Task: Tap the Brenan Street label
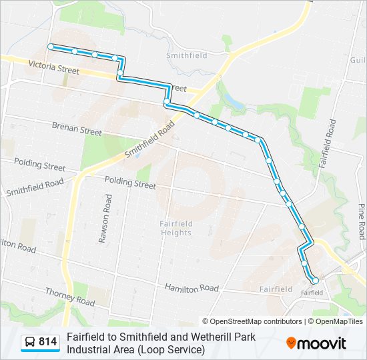[x=77, y=128]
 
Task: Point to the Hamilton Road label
[x=192, y=288]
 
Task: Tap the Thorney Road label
[x=70, y=297]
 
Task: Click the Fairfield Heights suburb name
[x=176, y=228]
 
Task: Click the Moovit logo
[x=317, y=343]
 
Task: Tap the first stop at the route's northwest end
[x=50, y=46]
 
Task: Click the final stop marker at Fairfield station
[x=314, y=281]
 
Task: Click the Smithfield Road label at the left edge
[x=35, y=187]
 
